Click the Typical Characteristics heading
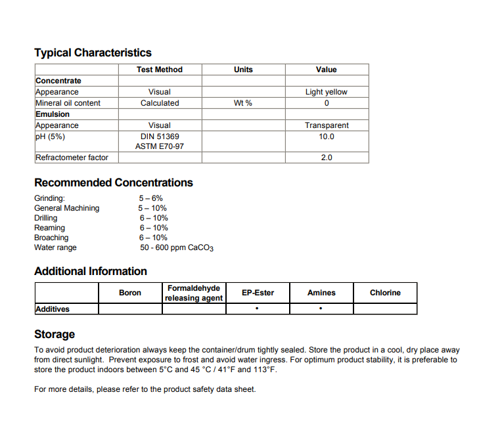point(93,53)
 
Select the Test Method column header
point(160,70)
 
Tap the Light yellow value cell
point(326,92)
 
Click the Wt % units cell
point(243,103)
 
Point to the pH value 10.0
point(326,137)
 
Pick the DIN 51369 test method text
point(160,137)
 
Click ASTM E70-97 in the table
point(160,146)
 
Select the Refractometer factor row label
point(72,158)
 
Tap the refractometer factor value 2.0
point(326,158)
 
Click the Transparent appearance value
point(326,125)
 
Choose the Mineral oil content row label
point(68,103)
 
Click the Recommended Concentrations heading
point(114,182)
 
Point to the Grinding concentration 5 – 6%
point(150,198)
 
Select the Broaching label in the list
point(51,238)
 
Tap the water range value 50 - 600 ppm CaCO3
point(177,248)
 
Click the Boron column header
point(130,293)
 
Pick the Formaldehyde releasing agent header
point(194,293)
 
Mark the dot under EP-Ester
point(257,309)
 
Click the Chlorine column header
point(385,293)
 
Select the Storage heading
point(55,334)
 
